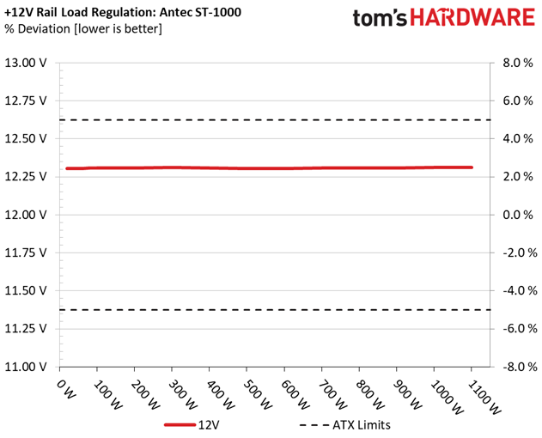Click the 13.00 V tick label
click(x=25, y=63)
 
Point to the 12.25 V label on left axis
click(x=25, y=177)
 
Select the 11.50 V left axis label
click(x=25, y=290)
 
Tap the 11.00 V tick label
click(x=25, y=367)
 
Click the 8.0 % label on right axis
click(x=518, y=63)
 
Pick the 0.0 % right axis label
click(x=518, y=215)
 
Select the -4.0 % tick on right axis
click(x=520, y=290)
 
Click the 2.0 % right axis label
click(x=518, y=177)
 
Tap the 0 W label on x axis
click(x=65, y=389)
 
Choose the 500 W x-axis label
click(x=258, y=395)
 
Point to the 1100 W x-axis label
click(x=484, y=398)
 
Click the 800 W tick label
click(x=370, y=395)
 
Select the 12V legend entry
click(x=192, y=425)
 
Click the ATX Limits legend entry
click(x=345, y=425)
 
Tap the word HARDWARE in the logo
click(x=472, y=18)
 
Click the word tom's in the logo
click(x=380, y=18)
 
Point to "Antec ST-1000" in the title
click(x=200, y=12)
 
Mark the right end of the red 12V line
click(x=472, y=167)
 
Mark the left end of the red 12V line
click(x=67, y=168)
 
